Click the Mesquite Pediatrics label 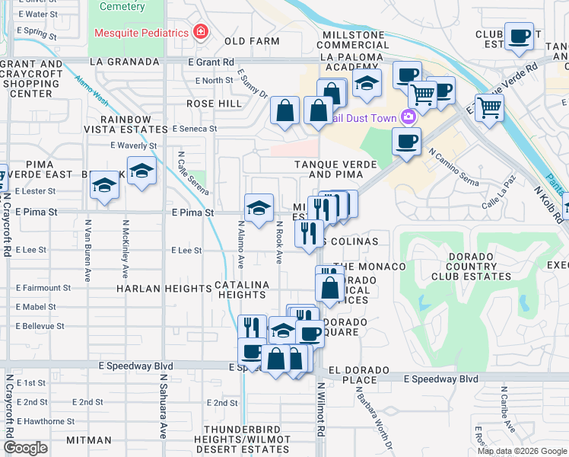[x=141, y=33]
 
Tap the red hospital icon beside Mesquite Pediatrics [x=200, y=32]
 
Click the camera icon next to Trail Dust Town [x=409, y=117]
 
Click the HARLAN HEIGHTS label [x=164, y=289]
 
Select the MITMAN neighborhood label [x=89, y=440]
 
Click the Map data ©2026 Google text [x=521, y=451]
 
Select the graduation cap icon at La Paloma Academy [x=367, y=85]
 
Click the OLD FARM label [x=246, y=40]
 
